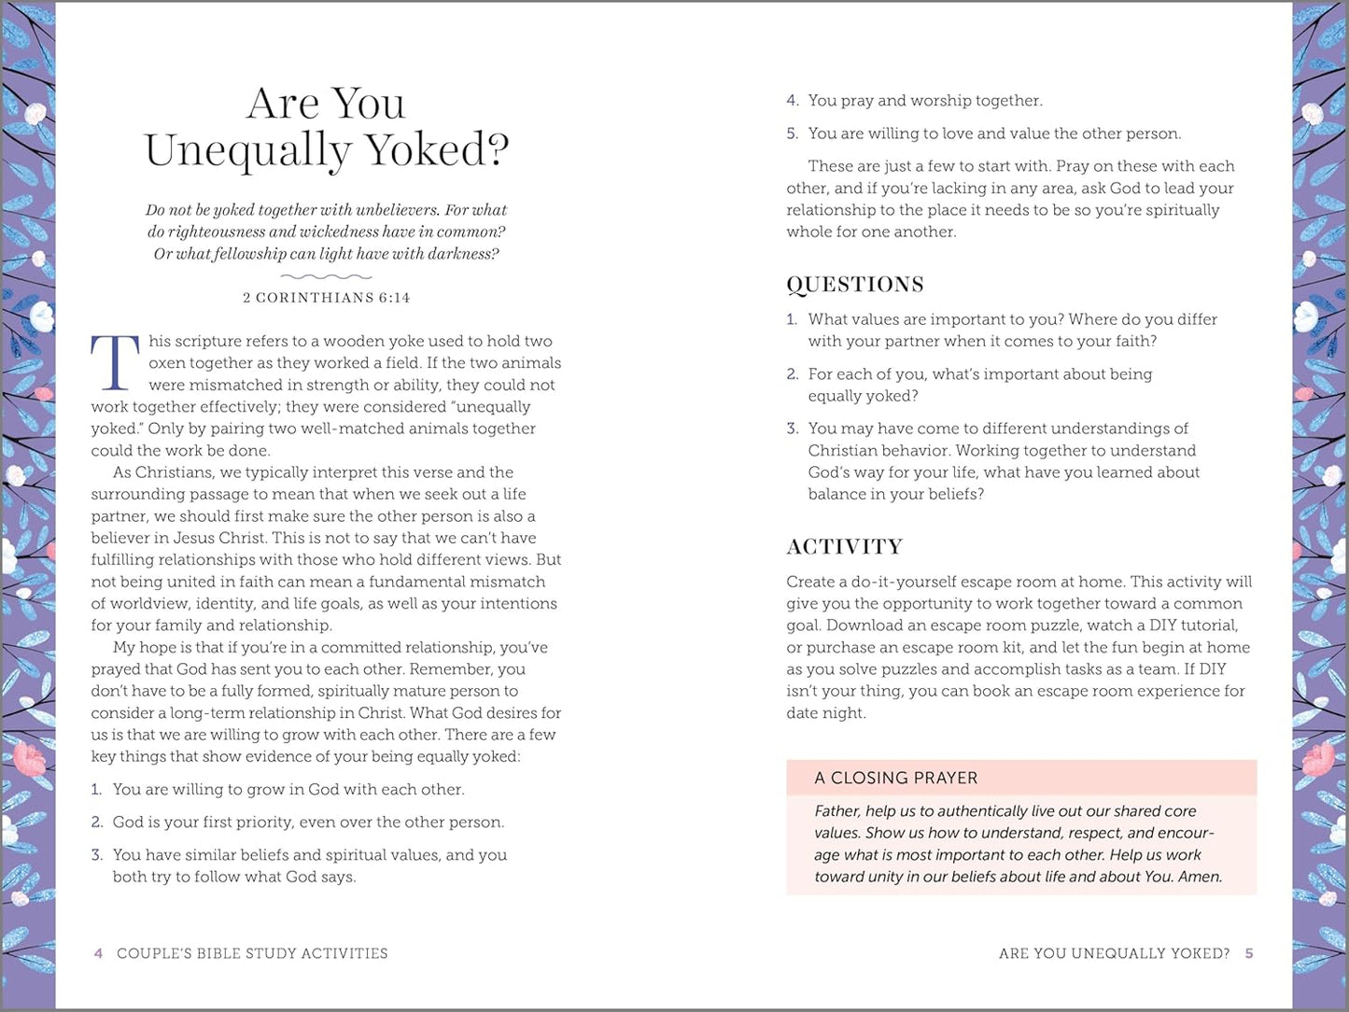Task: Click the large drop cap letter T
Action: [x=115, y=362]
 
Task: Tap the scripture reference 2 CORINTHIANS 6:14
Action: [x=326, y=298]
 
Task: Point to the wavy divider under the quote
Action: [x=326, y=276]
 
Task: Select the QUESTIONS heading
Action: [x=854, y=285]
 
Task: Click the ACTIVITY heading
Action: [x=844, y=547]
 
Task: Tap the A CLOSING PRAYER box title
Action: [x=895, y=778]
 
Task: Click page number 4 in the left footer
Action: [x=98, y=953]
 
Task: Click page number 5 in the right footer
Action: [x=1249, y=953]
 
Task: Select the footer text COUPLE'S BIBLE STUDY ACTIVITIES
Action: [x=252, y=953]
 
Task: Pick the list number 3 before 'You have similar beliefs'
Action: [x=96, y=855]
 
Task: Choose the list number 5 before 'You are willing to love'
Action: [x=792, y=134]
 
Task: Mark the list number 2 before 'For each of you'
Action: [x=792, y=374]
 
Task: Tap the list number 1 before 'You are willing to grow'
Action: [x=95, y=790]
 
